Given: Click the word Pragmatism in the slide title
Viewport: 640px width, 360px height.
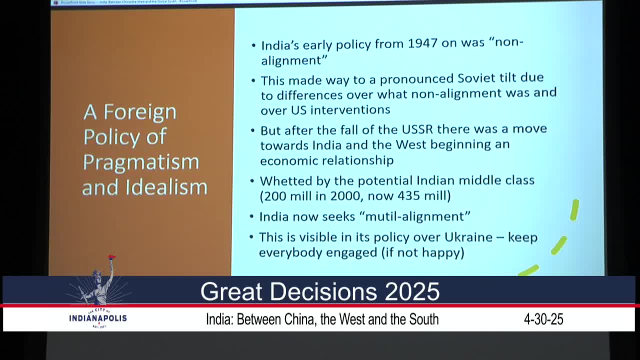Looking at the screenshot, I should coord(141,162).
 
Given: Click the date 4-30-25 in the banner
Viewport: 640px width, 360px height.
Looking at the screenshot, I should coord(543,319).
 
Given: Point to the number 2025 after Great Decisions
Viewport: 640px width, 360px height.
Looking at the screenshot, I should coord(411,291).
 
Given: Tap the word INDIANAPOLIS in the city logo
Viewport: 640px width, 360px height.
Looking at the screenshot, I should coord(98,318).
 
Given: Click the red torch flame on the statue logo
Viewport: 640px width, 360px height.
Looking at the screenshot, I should coord(111,257).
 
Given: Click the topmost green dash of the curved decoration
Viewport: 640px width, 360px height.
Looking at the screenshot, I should coord(574,210).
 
